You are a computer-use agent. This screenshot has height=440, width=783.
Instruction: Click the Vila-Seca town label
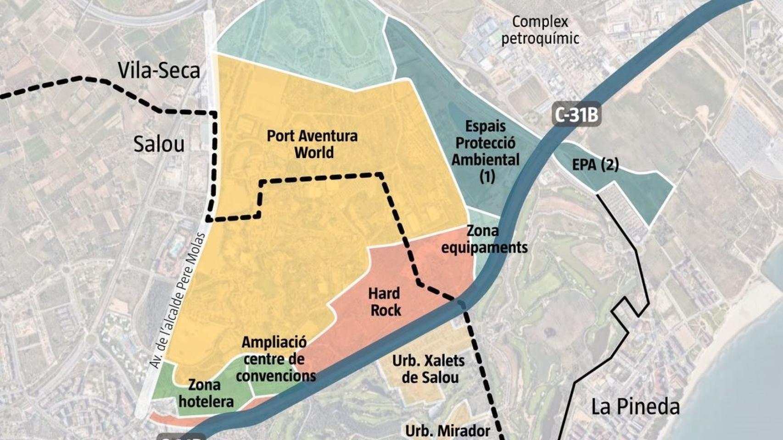[x=159, y=70]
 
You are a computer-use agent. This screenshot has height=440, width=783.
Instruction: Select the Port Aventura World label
[x=312, y=144]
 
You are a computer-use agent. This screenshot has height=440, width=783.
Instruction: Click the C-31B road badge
[x=576, y=115]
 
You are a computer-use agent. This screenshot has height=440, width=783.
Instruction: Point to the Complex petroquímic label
[x=540, y=30]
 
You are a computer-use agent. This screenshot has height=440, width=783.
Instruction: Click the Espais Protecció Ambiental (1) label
[x=486, y=151]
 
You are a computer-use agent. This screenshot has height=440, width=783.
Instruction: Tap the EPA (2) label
[x=595, y=165]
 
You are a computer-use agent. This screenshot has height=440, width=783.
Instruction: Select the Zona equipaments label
[x=484, y=239]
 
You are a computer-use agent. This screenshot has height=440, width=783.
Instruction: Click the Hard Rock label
[x=385, y=302]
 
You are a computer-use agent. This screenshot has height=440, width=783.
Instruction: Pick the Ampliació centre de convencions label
[x=275, y=359]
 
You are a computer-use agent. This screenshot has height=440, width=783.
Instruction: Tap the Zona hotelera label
[x=206, y=393]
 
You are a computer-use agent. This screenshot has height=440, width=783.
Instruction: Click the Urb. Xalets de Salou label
[x=428, y=369]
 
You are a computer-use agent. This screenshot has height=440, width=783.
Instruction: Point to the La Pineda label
[x=635, y=406]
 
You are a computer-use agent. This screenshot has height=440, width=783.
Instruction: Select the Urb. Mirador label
[x=447, y=431]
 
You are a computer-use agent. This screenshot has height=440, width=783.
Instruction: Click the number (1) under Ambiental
[x=487, y=176]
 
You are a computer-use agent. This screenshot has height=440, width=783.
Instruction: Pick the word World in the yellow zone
[x=314, y=152]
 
